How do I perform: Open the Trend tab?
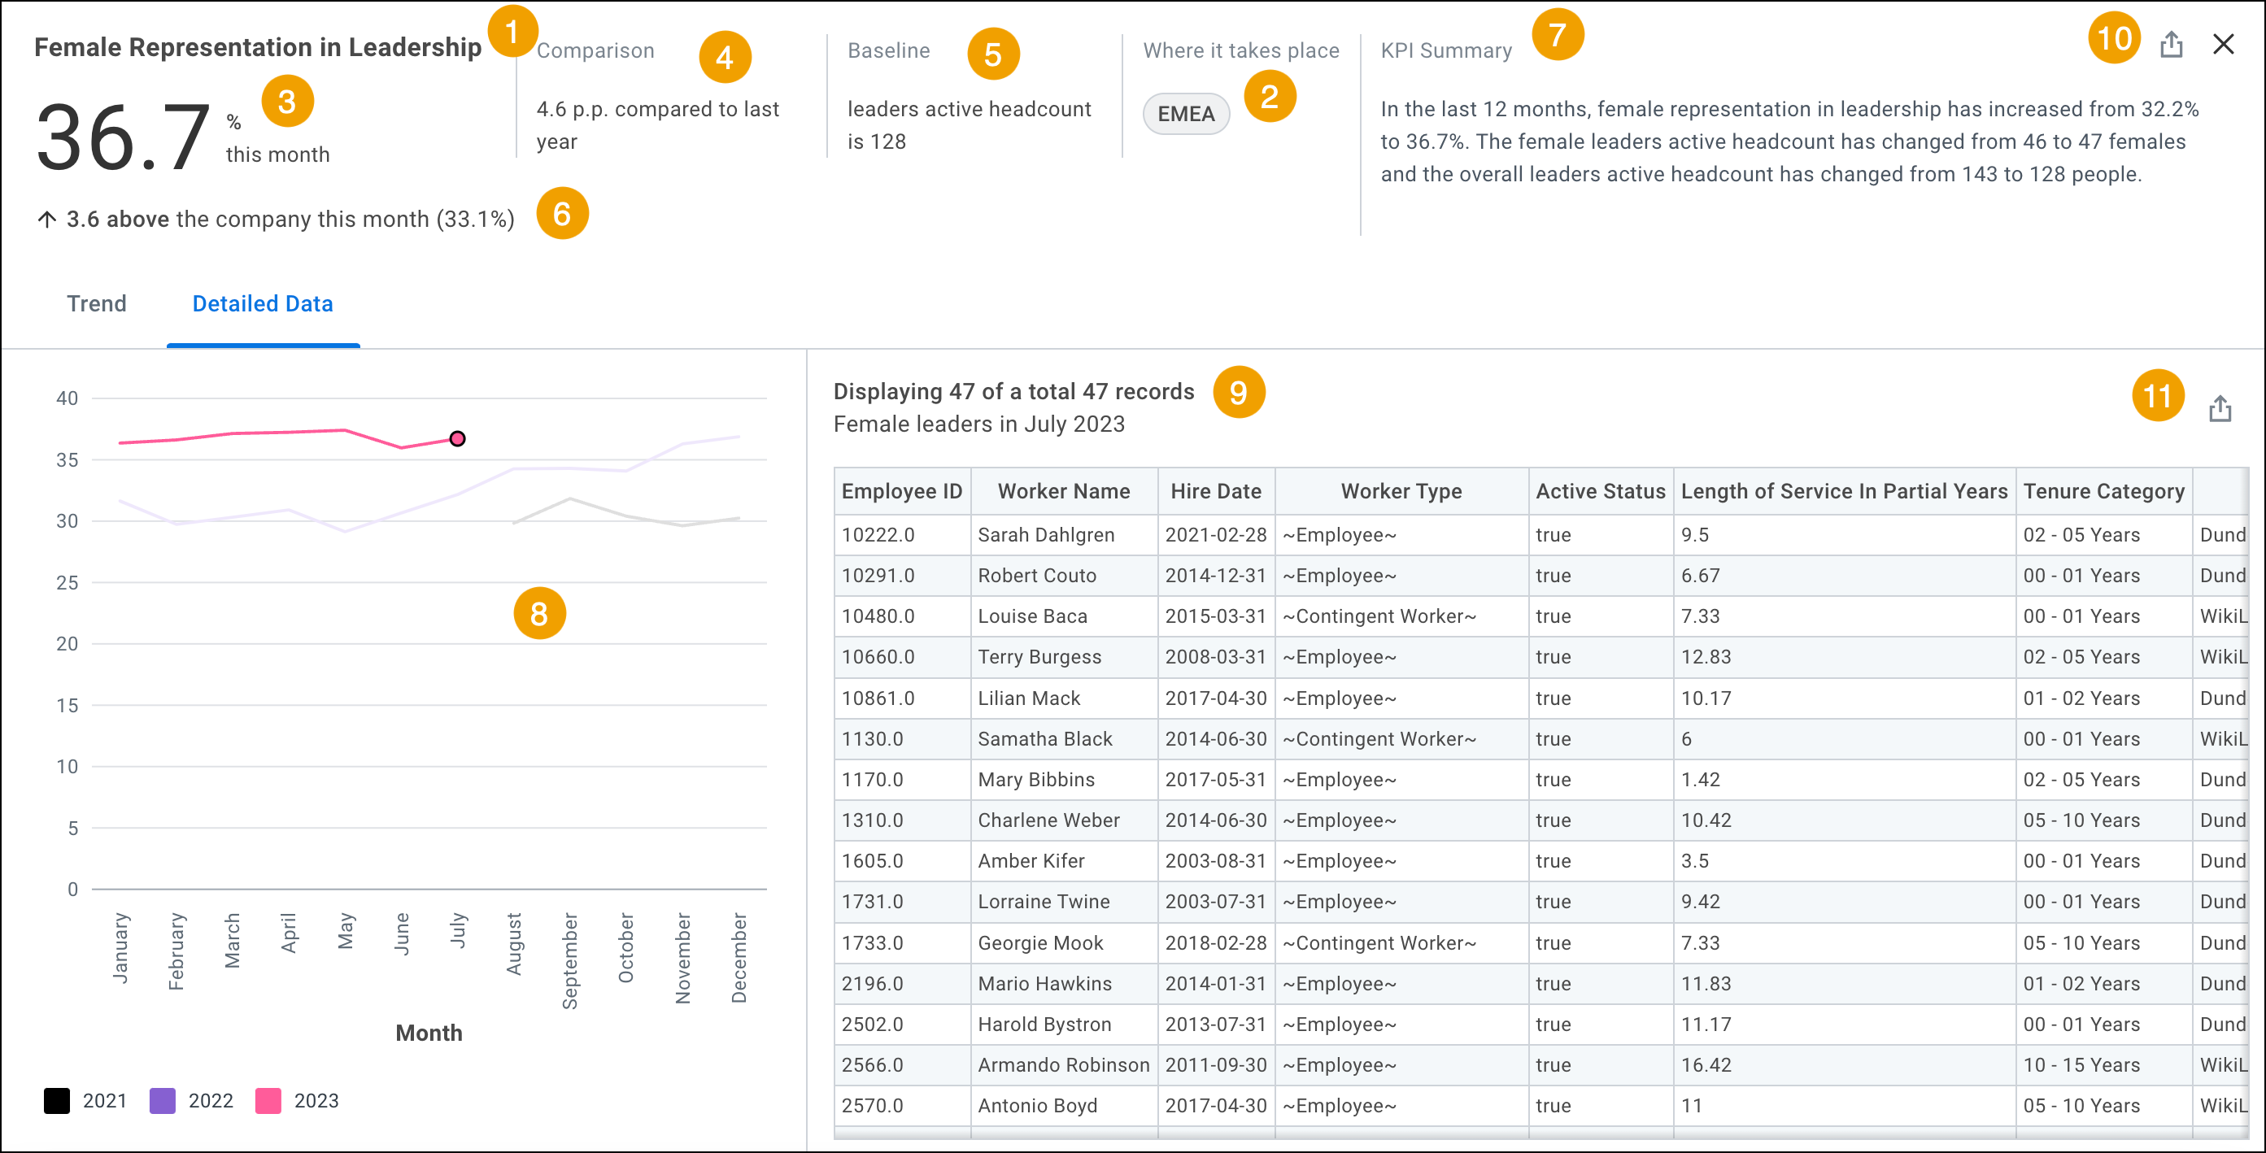pos(97,303)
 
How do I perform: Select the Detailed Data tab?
pos(262,303)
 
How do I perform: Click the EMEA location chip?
pos(1185,115)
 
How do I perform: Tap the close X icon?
pos(2223,44)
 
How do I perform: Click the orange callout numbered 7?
pos(1557,35)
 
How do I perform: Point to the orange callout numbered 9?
pos(1238,392)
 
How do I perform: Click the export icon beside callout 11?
pos(2220,409)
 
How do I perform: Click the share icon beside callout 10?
pos(2171,44)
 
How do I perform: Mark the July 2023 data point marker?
pos(457,438)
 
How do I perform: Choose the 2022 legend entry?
pos(192,1100)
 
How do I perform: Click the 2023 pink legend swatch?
pos(268,1100)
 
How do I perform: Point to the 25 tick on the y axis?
pos(67,582)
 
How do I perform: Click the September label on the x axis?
pos(570,960)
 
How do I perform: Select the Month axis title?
pos(429,1033)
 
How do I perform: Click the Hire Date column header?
pos(1216,491)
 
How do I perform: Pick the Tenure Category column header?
pos(2103,491)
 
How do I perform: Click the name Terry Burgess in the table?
pos(1039,657)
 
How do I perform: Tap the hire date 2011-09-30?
pos(1216,1065)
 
